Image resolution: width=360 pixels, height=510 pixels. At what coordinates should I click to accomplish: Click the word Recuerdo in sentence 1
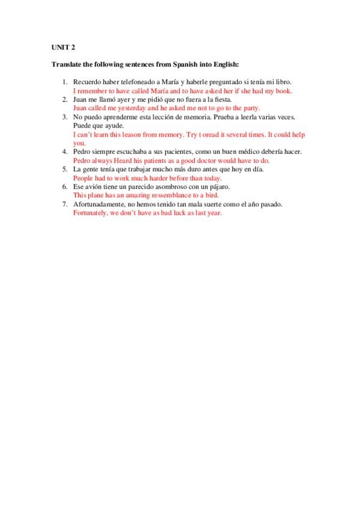click(x=85, y=81)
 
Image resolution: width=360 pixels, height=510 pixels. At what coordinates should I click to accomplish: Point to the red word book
click(x=284, y=90)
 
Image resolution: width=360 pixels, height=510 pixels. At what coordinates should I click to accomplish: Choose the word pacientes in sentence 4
click(x=160, y=152)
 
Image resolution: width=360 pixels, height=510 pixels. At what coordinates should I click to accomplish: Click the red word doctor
click(x=224, y=161)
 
